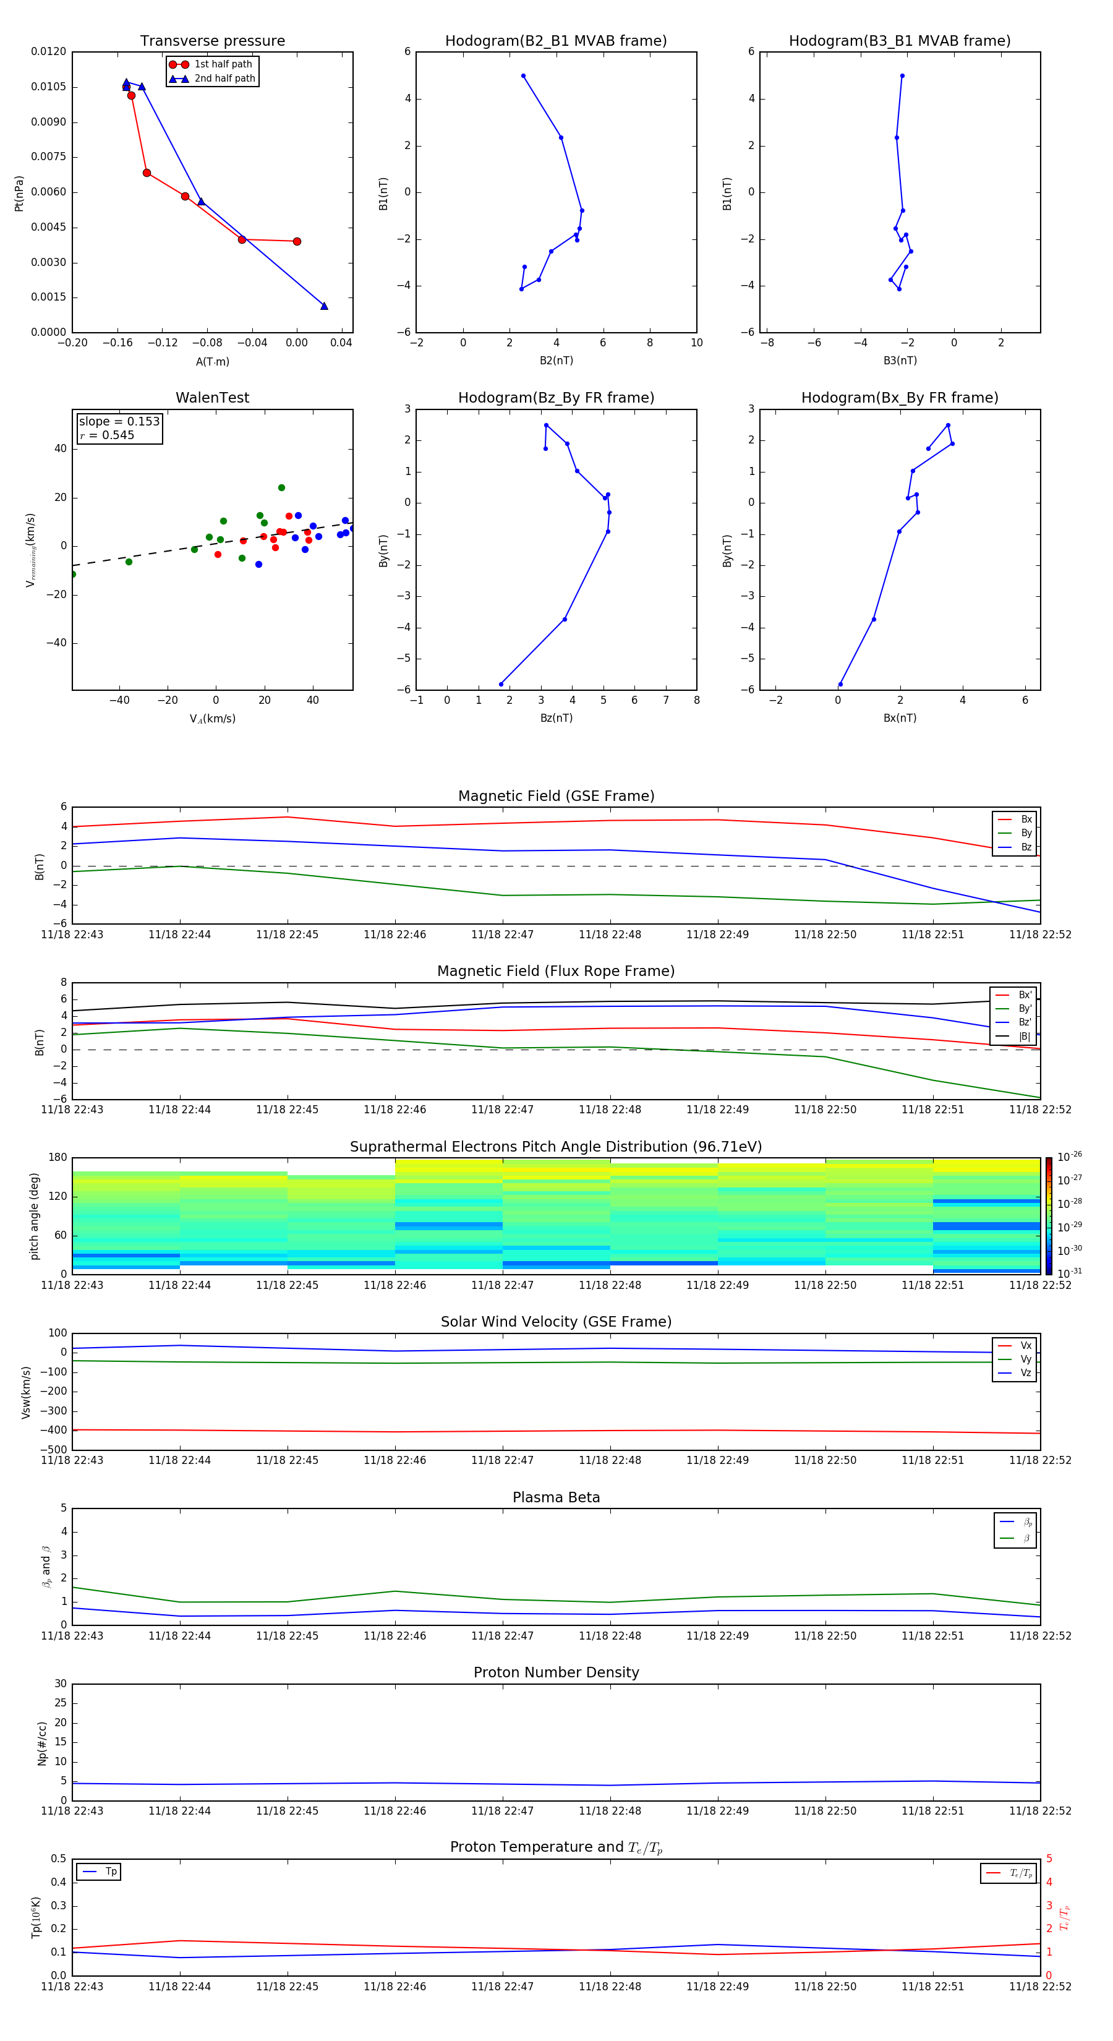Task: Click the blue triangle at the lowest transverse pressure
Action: coord(324,306)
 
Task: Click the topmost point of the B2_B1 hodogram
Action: coord(524,76)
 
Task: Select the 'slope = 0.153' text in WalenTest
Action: coord(119,422)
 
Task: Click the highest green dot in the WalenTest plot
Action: coord(281,488)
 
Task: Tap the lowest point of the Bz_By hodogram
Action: coord(501,684)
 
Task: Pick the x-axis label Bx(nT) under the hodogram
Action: coord(900,718)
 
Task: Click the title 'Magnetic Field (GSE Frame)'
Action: coord(556,796)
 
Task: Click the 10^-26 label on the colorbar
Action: coord(1070,1156)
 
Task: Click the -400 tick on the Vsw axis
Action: coord(53,1430)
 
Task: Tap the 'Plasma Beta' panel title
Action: coord(556,1497)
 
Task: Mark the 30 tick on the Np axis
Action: coord(60,1684)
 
